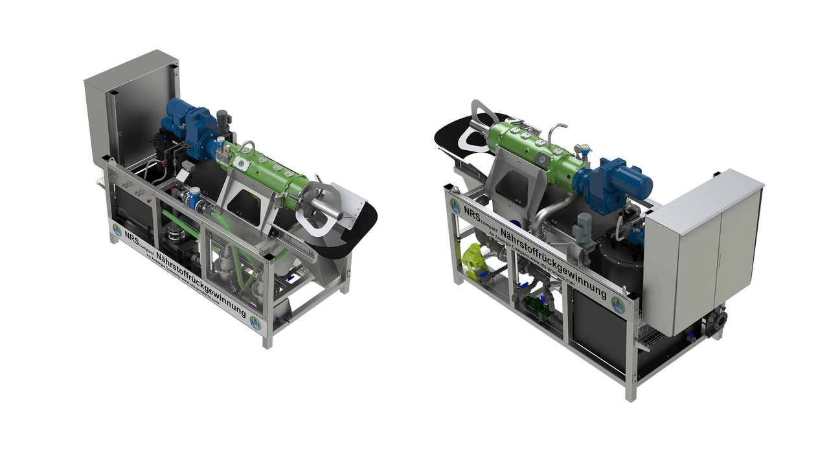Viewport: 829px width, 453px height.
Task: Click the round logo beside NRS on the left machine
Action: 117,229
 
